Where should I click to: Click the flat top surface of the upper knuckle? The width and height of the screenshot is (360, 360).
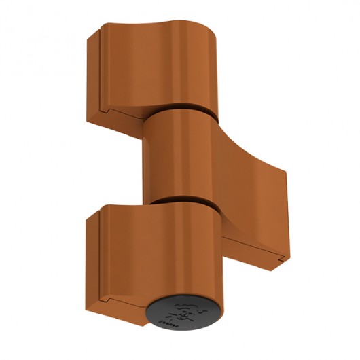160,31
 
